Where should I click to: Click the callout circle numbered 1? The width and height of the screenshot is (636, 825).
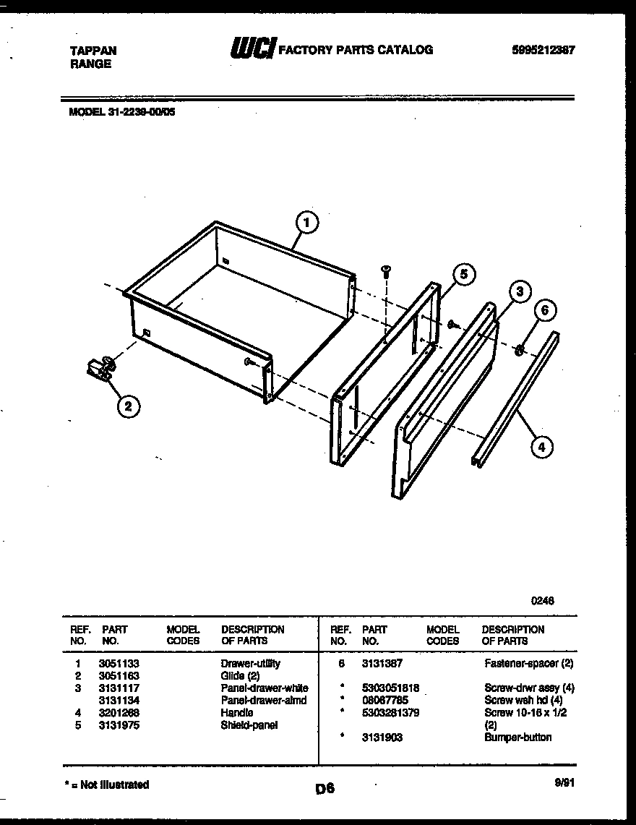pos(307,223)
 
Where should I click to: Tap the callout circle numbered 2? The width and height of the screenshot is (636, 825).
pos(127,406)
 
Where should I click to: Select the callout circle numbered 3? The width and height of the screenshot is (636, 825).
pos(518,291)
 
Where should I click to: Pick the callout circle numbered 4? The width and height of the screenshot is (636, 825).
pos(540,447)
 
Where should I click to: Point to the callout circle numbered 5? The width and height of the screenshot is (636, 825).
pos(463,274)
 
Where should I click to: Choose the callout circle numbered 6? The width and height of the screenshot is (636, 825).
pos(545,311)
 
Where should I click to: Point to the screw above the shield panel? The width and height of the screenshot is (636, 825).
pos(387,271)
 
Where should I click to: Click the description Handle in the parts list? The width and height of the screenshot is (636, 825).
pos(237,712)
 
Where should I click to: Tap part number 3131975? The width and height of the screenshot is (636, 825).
pos(119,724)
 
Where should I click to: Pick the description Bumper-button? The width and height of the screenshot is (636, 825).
pos(517,738)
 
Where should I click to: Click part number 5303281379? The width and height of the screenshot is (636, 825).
pos(390,712)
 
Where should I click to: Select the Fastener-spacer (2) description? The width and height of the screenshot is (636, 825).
pos(528,663)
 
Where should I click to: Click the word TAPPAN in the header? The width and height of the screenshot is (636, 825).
pos(93,51)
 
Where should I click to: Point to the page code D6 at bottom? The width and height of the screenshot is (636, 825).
pos(325,790)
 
